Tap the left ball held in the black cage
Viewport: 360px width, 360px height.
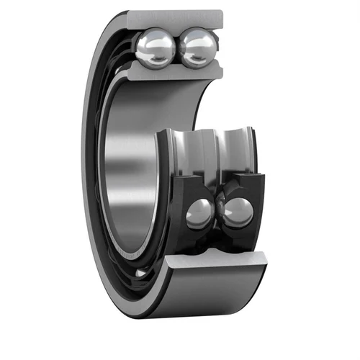(x=199, y=213)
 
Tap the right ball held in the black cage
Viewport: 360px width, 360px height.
(x=238, y=213)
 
